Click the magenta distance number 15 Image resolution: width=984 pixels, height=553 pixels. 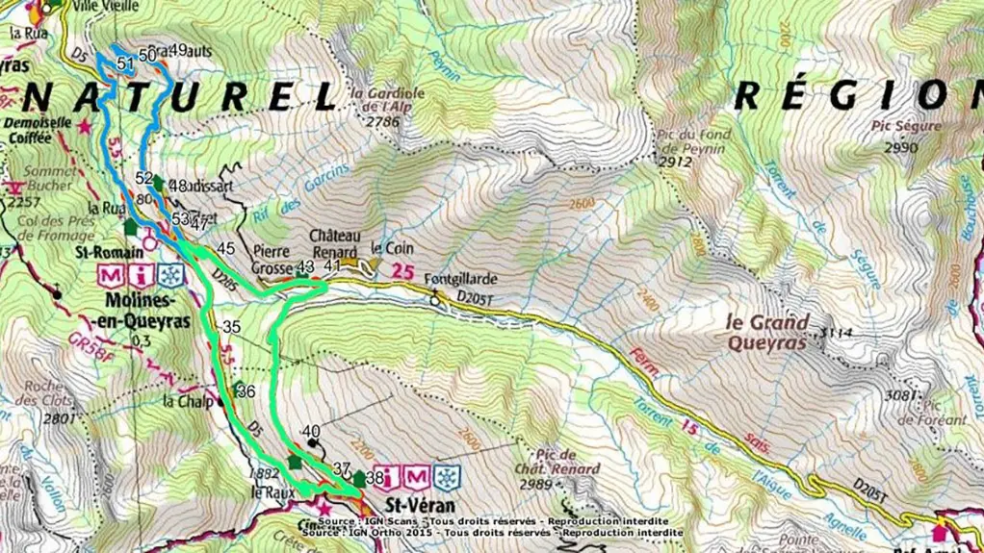(x=688, y=425)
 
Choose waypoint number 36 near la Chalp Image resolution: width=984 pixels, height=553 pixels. (x=245, y=392)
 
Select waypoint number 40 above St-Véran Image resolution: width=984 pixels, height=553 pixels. (x=310, y=431)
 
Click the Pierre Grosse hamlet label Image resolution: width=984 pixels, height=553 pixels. (x=271, y=258)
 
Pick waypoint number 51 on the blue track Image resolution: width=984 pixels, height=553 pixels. (x=124, y=63)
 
